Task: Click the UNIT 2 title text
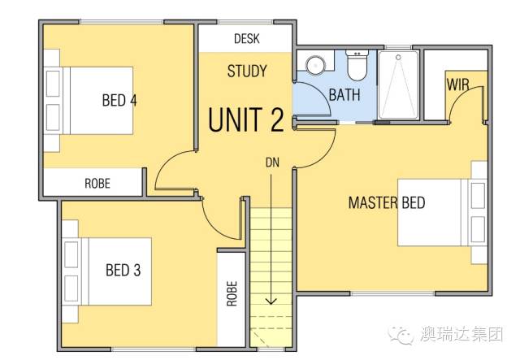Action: coord(246,119)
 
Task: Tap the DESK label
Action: coord(247,39)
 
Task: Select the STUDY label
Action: coord(247,71)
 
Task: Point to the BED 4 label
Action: coord(119,100)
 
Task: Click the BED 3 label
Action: coord(123,270)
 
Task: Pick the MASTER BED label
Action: coord(387,202)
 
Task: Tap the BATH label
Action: coord(344,95)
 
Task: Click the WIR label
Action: coord(458,85)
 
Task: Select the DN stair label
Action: coord(273,163)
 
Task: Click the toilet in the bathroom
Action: coord(357,65)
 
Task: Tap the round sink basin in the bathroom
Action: coord(316,66)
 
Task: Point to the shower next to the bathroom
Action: coord(398,85)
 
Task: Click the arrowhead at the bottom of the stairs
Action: coord(271,301)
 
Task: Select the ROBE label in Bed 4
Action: coord(97,184)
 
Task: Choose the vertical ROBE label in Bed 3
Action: coord(232,293)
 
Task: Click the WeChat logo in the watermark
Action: coord(401,335)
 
